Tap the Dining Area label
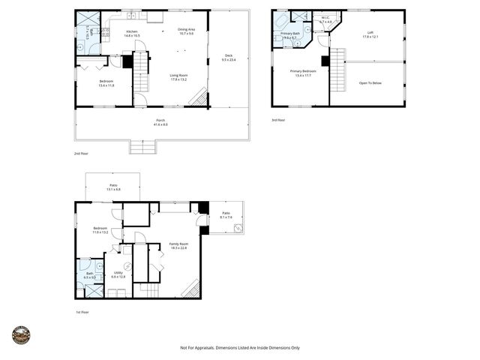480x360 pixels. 186,31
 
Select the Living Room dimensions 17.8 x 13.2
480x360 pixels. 178,79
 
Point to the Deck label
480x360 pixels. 229,57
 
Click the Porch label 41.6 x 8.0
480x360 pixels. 160,121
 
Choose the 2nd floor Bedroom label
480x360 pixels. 106,83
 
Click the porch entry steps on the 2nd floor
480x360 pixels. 142,147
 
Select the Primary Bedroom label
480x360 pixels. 304,73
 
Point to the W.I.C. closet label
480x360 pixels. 325,19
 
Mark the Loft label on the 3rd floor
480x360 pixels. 370,34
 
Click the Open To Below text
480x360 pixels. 370,82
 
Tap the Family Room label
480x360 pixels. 178,245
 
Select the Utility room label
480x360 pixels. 118,274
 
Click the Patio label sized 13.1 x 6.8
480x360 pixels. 113,187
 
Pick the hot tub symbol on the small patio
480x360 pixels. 238,228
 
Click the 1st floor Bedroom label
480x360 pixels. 100,230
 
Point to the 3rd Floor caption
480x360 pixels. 278,119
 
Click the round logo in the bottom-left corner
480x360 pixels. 21,335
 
